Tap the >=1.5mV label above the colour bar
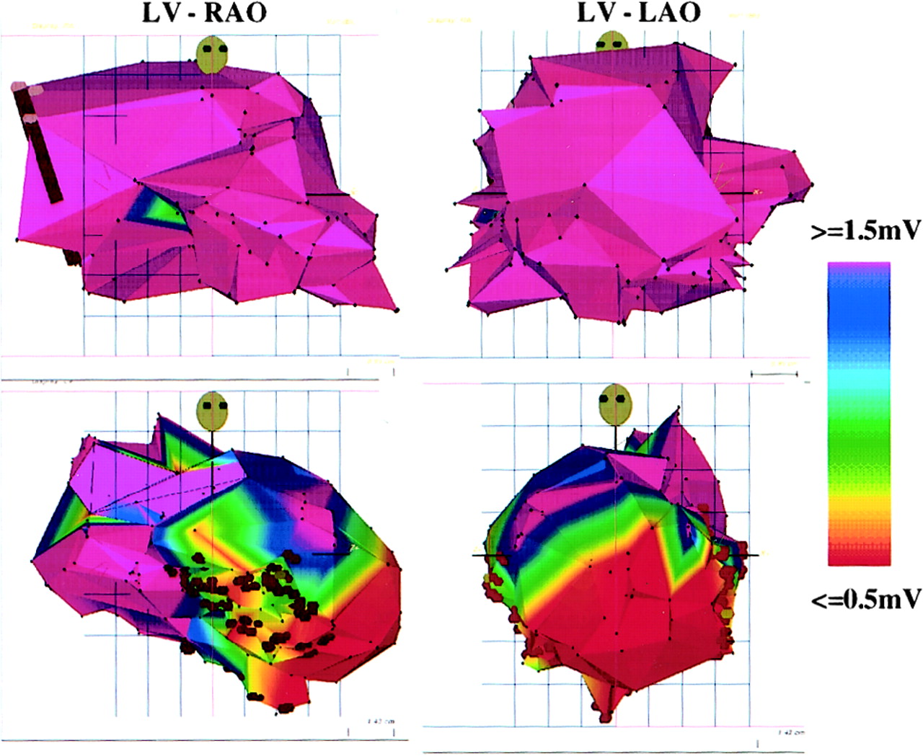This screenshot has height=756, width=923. coord(866,231)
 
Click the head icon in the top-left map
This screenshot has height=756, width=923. coord(211,55)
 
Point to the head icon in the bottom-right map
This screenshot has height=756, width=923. coord(614,404)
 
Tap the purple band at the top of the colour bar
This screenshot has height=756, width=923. coord(859,267)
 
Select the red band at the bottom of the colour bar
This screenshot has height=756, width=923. coord(859,555)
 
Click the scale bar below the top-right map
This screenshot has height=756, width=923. coord(774,374)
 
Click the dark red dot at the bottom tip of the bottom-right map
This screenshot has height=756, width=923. coord(606,716)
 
